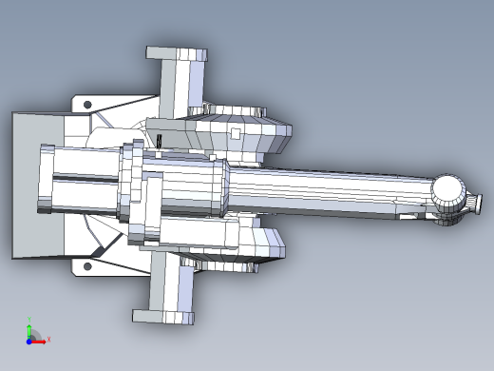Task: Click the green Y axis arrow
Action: [x=28, y=325]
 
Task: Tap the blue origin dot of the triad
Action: [x=29, y=338]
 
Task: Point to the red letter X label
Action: [x=48, y=339]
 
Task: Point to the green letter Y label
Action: [x=28, y=319]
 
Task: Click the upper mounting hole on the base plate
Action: [x=87, y=103]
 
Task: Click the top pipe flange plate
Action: [x=176, y=53]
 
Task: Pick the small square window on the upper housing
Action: [x=234, y=132]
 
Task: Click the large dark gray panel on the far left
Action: [x=33, y=185]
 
